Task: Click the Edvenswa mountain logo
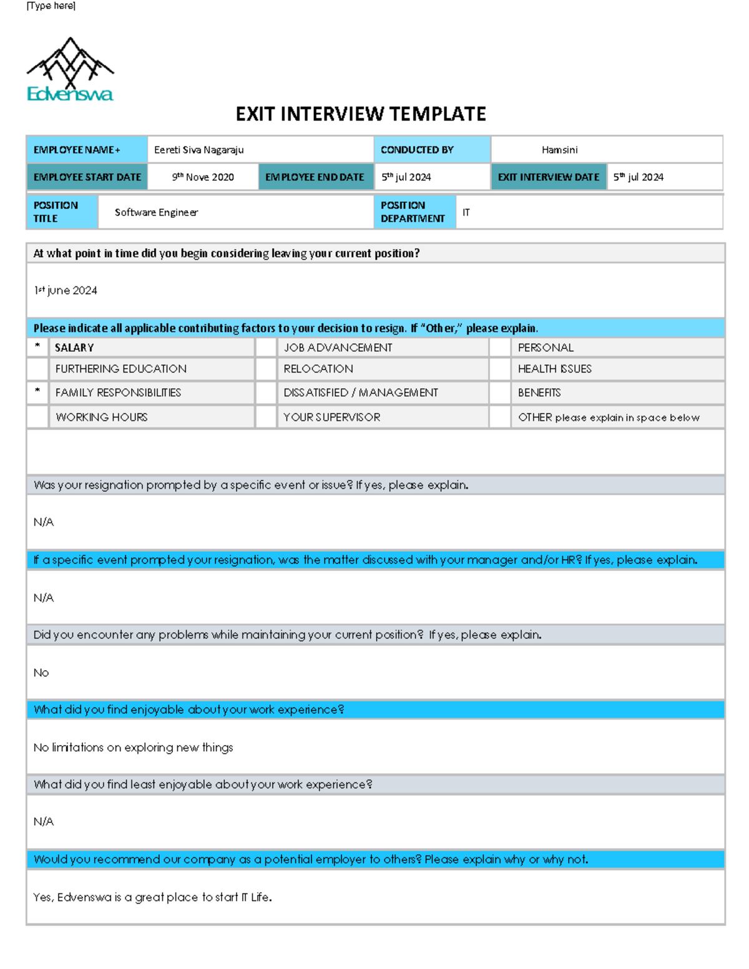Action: click(70, 69)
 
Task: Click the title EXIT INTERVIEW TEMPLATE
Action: click(361, 114)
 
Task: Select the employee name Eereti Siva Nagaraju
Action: click(199, 150)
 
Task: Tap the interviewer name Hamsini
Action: click(559, 150)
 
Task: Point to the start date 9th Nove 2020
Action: click(203, 177)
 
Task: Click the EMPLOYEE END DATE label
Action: click(315, 177)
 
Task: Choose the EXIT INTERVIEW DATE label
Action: click(548, 177)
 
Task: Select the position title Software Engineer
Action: click(156, 212)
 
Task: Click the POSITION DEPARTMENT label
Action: click(413, 212)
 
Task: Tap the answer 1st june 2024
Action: click(66, 291)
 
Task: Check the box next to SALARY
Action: click(37, 348)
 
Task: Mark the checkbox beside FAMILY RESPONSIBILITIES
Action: click(37, 392)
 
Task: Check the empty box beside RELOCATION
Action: click(266, 369)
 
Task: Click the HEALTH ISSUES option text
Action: click(554, 369)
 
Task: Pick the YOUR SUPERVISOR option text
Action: click(331, 417)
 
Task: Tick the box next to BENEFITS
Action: click(500, 392)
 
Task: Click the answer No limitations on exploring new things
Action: click(133, 747)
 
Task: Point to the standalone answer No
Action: click(41, 673)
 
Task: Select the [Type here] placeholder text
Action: click(51, 6)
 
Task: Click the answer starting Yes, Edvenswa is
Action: click(152, 897)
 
